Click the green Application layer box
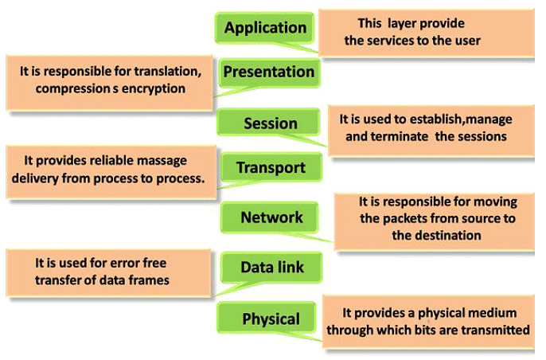pos(265,28)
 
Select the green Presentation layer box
pos(268,72)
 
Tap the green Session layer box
pos(270,123)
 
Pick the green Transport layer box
pos(271,168)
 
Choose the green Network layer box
pos(271,217)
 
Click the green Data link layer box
pos(271,268)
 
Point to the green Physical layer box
pos(271,319)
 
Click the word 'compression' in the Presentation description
pos(71,88)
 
